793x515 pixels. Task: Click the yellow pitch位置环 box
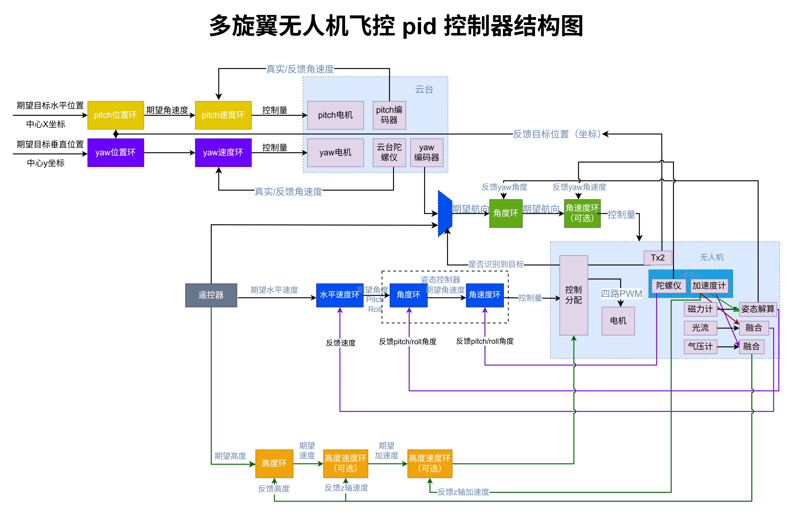click(116, 115)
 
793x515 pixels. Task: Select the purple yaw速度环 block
click(223, 153)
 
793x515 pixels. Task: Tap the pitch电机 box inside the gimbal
click(335, 115)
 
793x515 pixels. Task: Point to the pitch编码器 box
click(389, 115)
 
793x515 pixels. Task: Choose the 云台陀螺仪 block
click(389, 153)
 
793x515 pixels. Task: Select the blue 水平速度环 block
click(340, 295)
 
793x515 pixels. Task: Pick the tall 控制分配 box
click(573, 295)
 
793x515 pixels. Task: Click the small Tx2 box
click(658, 258)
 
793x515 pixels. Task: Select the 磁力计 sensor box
click(700, 309)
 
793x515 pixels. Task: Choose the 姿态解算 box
click(758, 309)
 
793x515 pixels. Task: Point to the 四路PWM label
click(621, 294)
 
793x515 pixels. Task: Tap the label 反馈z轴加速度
click(463, 492)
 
